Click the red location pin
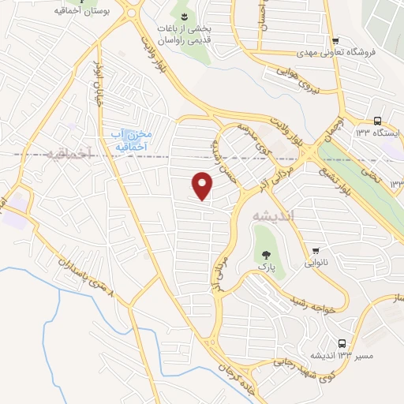click(203, 185)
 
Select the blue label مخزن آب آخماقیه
click(129, 139)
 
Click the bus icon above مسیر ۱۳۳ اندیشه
click(342, 343)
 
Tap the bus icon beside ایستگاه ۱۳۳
click(376, 121)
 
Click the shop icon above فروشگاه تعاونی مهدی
click(335, 41)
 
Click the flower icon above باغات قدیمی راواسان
click(184, 17)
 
